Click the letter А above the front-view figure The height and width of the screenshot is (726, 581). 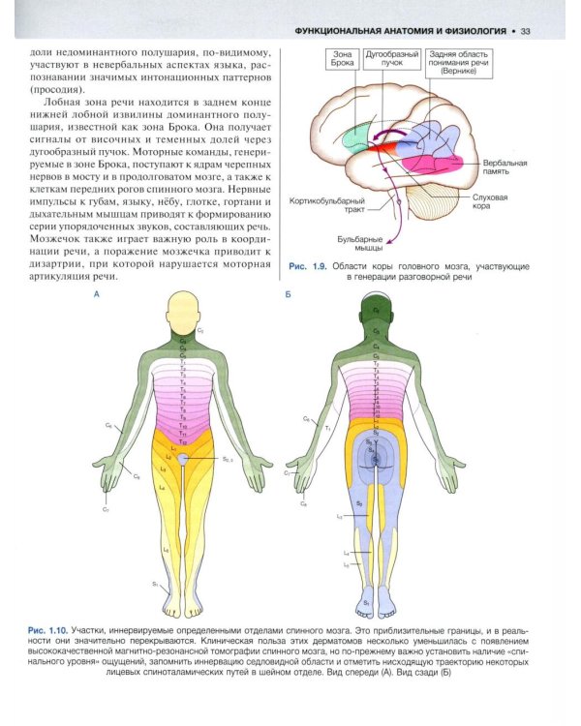(95, 292)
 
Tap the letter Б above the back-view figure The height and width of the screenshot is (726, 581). (289, 292)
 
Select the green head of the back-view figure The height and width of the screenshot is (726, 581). (375, 312)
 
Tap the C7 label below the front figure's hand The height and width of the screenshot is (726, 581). (106, 507)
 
